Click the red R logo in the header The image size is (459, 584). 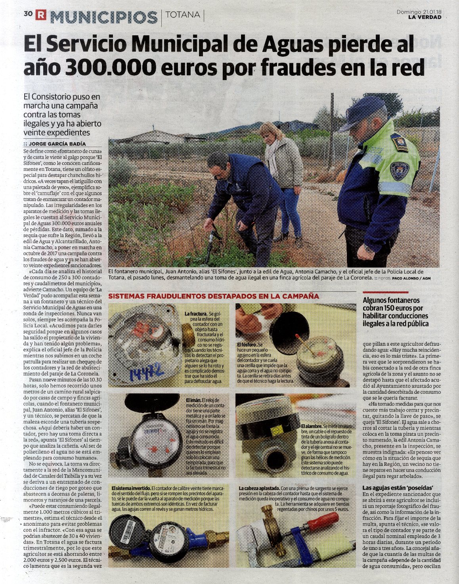[x=40, y=15]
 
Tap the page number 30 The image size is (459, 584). [x=28, y=13]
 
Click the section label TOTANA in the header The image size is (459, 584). [x=183, y=15]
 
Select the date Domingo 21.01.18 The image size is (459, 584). [x=419, y=12]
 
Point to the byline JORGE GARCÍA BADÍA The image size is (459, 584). [x=57, y=144]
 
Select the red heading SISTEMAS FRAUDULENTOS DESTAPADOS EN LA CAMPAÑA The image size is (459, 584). [x=214, y=296]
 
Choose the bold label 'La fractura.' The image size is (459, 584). [x=196, y=314]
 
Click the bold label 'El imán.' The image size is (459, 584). [x=193, y=400]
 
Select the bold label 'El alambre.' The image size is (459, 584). [x=312, y=426]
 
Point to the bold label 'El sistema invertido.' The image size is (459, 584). [x=131, y=488]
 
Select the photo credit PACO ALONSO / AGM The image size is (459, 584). [x=411, y=278]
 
